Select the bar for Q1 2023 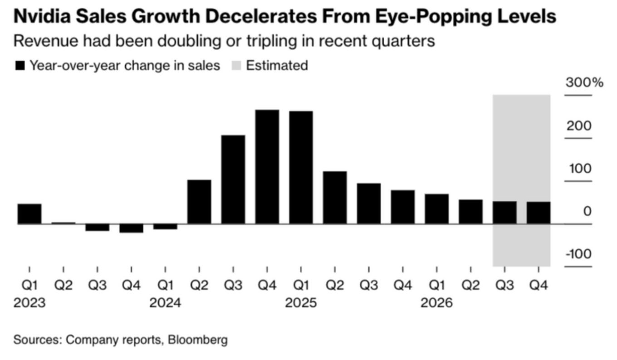click(x=29, y=214)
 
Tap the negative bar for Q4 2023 click(x=131, y=228)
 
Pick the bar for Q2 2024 click(x=199, y=202)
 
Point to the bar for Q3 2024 click(x=233, y=180)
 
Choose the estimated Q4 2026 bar click(x=539, y=213)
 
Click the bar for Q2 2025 click(x=335, y=198)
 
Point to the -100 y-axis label click(x=578, y=254)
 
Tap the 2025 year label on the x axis click(x=301, y=303)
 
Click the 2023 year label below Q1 click(x=29, y=303)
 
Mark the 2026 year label click(x=436, y=303)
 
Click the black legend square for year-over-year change click(x=20, y=66)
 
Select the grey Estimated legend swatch click(x=236, y=66)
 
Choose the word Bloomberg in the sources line click(x=198, y=340)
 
